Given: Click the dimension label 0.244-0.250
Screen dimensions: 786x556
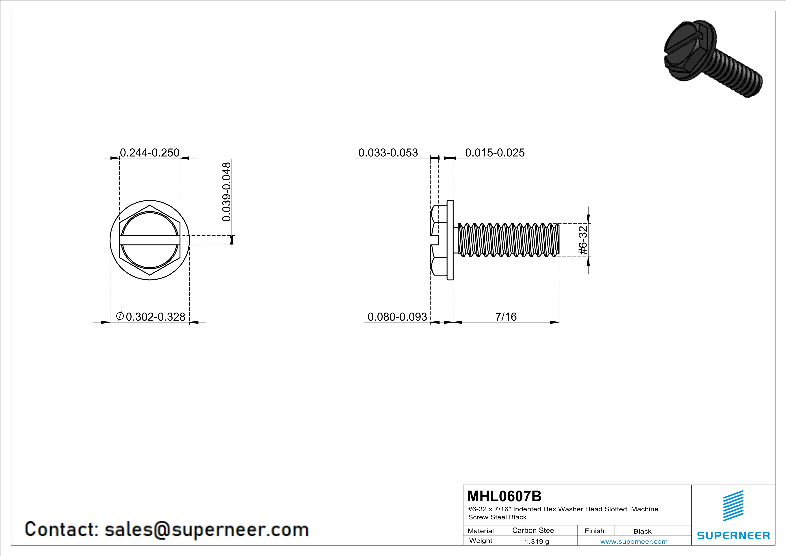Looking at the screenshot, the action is pos(149,152).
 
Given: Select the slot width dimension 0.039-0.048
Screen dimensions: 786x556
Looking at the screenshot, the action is pos(227,192).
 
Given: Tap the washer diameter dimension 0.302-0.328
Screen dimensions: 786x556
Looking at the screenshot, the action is pos(155,317).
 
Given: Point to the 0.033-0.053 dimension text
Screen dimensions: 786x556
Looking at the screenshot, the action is pos(388,152).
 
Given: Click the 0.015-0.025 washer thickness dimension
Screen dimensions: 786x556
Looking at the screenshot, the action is pos(495,152).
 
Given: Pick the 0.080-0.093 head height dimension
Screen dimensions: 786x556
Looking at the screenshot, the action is pos(397,317).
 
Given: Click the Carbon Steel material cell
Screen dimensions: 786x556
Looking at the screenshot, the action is pos(534,530).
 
